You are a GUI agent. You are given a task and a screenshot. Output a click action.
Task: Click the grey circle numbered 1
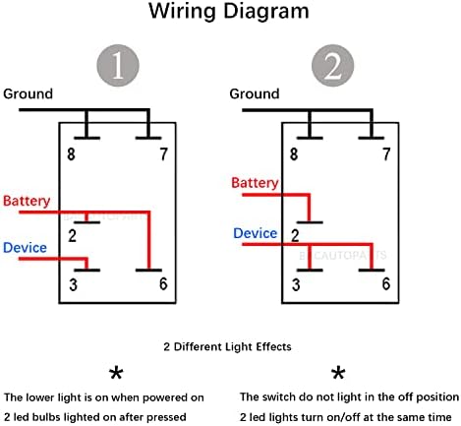[118, 66]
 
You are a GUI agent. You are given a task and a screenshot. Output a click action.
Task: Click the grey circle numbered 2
[332, 66]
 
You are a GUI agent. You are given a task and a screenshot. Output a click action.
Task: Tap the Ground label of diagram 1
[28, 93]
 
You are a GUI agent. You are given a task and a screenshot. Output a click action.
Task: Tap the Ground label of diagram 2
[255, 93]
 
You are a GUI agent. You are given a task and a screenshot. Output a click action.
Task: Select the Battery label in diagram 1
[27, 201]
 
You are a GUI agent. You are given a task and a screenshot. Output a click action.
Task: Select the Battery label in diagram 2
[255, 183]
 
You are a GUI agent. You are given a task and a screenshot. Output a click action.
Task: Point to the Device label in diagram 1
[25, 248]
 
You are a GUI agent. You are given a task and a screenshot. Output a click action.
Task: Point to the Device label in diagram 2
[256, 233]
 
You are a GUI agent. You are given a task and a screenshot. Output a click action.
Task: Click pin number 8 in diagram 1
[71, 154]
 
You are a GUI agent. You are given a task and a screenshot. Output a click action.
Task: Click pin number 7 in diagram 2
[386, 154]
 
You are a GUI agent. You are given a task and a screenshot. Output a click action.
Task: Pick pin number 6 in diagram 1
[163, 283]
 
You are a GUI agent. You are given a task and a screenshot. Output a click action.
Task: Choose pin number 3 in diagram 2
[296, 284]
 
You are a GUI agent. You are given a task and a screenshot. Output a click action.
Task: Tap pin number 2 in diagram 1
[73, 236]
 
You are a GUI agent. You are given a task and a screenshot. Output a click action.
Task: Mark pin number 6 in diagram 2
[386, 283]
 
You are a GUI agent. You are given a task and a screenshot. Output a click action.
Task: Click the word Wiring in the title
[182, 12]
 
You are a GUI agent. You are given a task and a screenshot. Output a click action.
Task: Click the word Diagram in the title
[266, 11]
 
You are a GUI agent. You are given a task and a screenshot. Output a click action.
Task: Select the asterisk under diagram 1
[116, 373]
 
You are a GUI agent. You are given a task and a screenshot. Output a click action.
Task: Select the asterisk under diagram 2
[338, 373]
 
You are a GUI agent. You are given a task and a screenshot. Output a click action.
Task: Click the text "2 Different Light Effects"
[227, 346]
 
